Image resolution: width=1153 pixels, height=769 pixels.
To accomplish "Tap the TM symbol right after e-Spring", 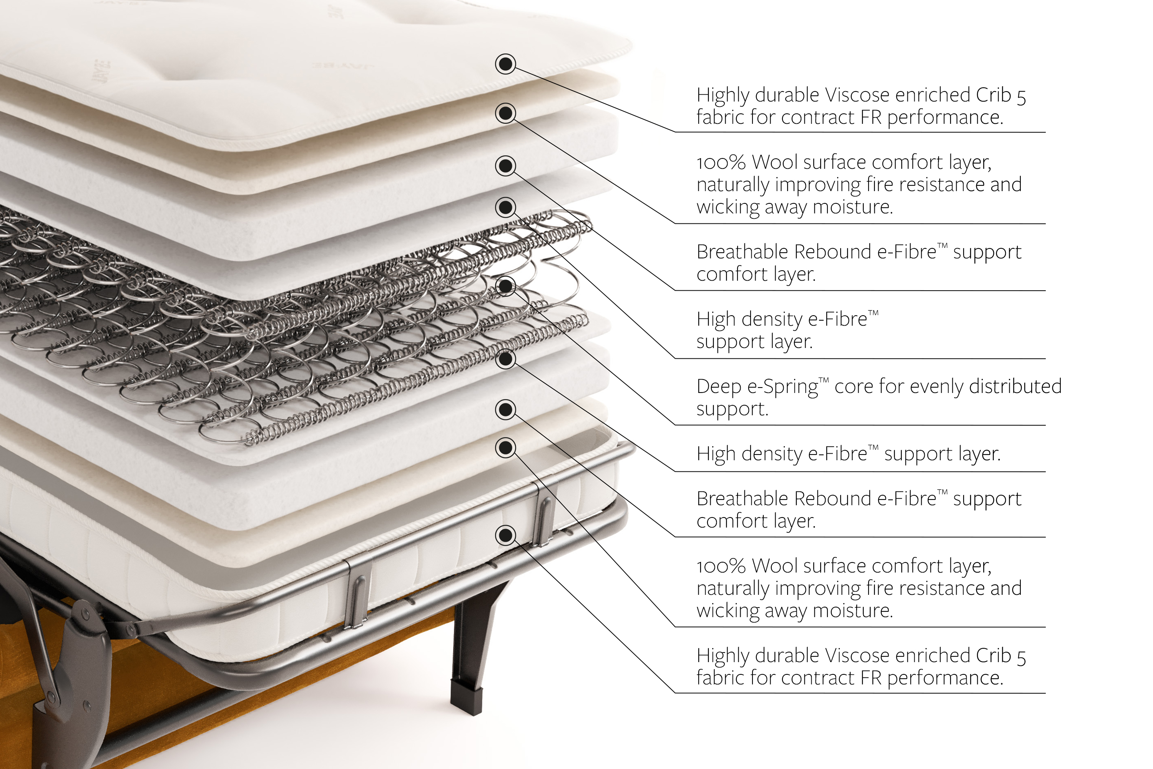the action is coord(824,381).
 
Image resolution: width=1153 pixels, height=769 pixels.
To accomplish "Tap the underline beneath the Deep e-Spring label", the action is coord(861,425).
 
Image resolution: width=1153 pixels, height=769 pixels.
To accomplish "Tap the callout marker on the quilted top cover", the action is coord(505,64).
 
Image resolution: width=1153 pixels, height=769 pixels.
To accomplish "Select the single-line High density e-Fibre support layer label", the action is coord(848,454).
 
